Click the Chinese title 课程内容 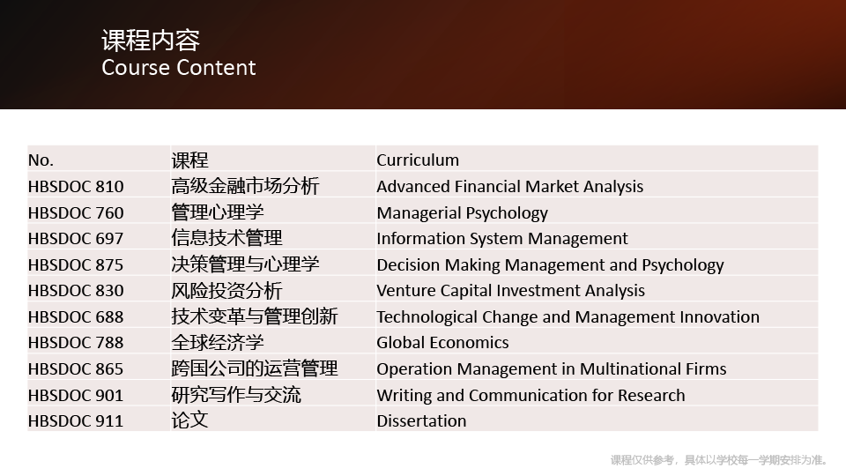coord(151,41)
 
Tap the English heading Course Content coord(179,68)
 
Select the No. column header coord(41,160)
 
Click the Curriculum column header coord(418,160)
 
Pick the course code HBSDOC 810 coord(76,187)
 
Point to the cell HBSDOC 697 coord(76,239)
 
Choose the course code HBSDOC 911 coord(76,421)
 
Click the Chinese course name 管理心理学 coord(218,212)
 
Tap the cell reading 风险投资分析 coord(226,290)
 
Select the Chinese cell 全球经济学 coord(218,342)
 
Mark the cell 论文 coord(189,420)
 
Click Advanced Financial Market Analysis coord(510,187)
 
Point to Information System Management coord(502,239)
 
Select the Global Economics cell coord(442,343)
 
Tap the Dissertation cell coord(421,421)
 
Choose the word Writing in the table coord(404,396)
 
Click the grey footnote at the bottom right coord(719,460)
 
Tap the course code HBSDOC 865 coord(76,369)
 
